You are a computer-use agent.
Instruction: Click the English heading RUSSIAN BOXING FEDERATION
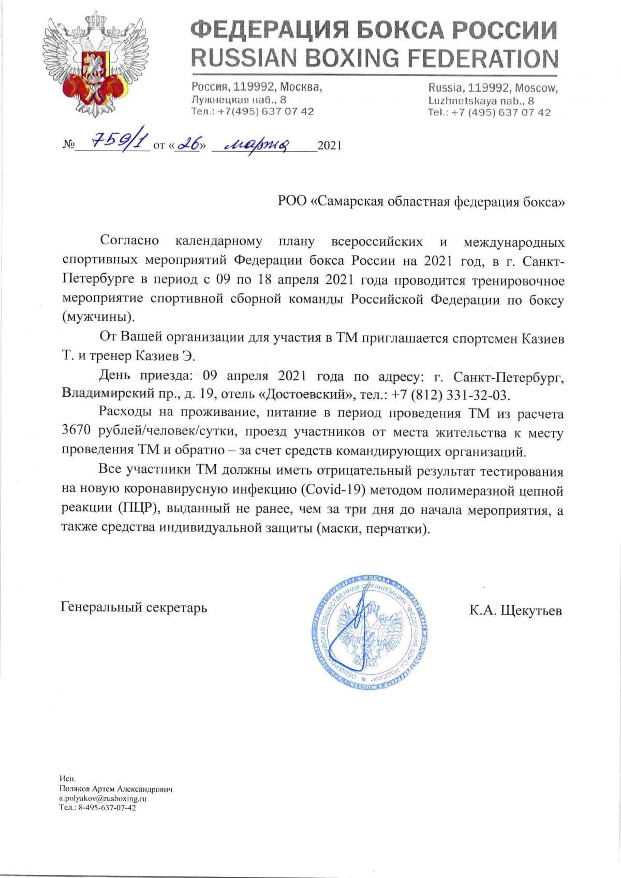coord(374,58)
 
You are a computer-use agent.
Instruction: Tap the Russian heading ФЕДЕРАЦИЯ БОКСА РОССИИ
coord(374,31)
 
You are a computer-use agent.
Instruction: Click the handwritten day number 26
coord(187,144)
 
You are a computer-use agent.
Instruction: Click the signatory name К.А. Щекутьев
coord(515,611)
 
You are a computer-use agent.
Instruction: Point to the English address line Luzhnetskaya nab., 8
coord(481,101)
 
